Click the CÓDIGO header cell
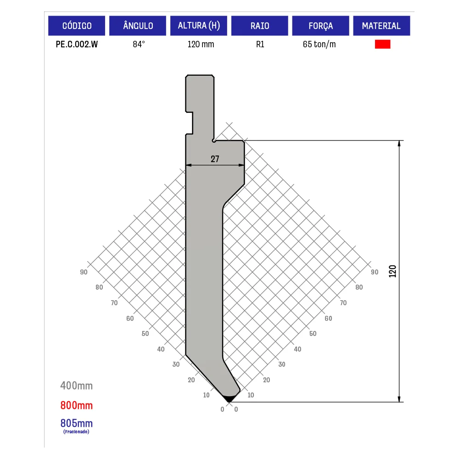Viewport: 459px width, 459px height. point(77,26)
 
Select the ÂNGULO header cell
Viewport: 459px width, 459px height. point(138,26)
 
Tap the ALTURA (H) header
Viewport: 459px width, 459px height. point(199,26)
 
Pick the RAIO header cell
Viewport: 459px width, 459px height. point(260,26)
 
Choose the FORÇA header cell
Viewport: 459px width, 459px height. point(320,26)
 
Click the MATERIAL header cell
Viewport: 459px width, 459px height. point(381,26)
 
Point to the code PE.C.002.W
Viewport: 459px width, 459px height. point(77,44)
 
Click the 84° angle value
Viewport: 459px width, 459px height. point(139,44)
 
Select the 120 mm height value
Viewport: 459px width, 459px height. point(201,44)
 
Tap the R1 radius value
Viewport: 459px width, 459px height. point(260,44)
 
